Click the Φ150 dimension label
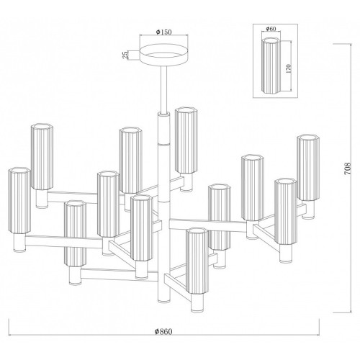pyautogui.click(x=163, y=32)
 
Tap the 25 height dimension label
pyautogui.click(x=125, y=55)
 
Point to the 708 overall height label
pyautogui.click(x=348, y=168)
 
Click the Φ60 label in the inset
pyautogui.click(x=271, y=29)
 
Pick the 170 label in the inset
pyautogui.click(x=288, y=68)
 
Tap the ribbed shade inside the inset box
pyautogui.click(x=271, y=66)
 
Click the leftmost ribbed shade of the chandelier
pyautogui.click(x=19, y=201)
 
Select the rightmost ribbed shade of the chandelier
pyautogui.click(x=308, y=168)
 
